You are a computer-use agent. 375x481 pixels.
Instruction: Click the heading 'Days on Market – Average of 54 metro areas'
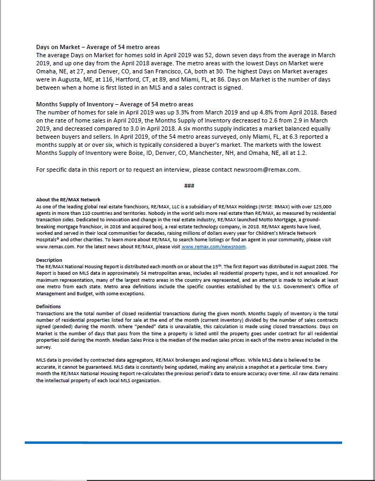(98, 48)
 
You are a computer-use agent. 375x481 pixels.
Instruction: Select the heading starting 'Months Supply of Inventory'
(114, 104)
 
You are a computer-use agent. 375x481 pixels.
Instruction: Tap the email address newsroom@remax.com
(267, 170)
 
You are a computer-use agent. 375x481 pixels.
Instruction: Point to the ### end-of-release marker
(189, 186)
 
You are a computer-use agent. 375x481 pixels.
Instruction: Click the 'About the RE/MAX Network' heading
(68, 200)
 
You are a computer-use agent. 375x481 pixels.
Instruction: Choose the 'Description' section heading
(49, 260)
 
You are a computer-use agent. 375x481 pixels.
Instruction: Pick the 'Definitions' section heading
(49, 306)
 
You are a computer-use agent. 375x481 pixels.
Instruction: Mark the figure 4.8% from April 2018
(269, 112)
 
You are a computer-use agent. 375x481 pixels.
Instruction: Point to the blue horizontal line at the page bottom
(183, 443)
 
